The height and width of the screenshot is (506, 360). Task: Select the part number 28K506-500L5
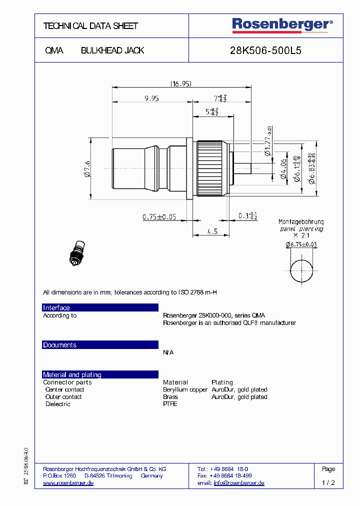tap(265, 50)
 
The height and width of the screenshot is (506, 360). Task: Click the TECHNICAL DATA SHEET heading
tap(90, 26)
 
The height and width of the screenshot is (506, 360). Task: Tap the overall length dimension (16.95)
tap(180, 84)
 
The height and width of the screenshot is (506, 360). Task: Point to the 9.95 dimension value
tap(151, 98)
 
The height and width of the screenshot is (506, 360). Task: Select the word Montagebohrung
tap(301, 221)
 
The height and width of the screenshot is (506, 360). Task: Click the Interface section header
tap(56, 307)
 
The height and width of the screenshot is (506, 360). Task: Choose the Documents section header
tap(59, 345)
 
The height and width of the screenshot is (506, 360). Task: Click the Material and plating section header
tap(72, 374)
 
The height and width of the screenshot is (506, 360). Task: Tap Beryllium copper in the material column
tap(185, 389)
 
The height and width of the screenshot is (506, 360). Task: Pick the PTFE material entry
tap(170, 404)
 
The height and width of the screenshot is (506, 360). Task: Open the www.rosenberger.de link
tap(68, 483)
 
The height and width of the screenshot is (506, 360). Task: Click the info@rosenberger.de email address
tap(239, 483)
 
